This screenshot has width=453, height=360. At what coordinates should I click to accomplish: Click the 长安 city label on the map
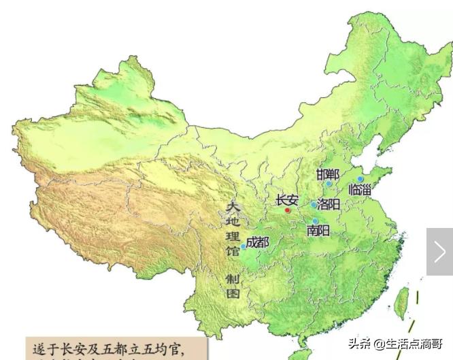[x=286, y=199]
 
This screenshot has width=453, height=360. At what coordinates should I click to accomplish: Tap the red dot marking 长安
[x=288, y=210]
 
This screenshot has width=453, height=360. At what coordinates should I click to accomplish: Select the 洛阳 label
[x=329, y=203]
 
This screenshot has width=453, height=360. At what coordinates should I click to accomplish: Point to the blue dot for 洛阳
[x=314, y=204]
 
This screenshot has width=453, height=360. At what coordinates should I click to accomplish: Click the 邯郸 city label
[x=327, y=174]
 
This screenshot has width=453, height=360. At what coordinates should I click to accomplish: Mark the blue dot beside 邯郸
[x=329, y=183]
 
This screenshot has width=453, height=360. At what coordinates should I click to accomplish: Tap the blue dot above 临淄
[x=360, y=179]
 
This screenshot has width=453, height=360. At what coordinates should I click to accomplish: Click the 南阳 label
[x=318, y=231]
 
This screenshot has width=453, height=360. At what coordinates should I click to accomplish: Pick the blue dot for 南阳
[x=316, y=221]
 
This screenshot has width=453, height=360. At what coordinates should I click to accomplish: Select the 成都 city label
[x=258, y=242]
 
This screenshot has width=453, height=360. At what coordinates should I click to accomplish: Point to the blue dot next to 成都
[x=243, y=246]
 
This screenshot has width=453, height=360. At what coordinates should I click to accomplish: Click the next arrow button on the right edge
[x=439, y=252]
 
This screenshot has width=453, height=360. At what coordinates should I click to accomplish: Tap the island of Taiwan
[x=403, y=302]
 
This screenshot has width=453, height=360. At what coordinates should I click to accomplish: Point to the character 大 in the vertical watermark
[x=233, y=206]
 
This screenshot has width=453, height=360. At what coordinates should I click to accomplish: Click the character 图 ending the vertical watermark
[x=233, y=294]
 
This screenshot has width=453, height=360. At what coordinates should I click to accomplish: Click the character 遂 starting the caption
[x=40, y=350]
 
